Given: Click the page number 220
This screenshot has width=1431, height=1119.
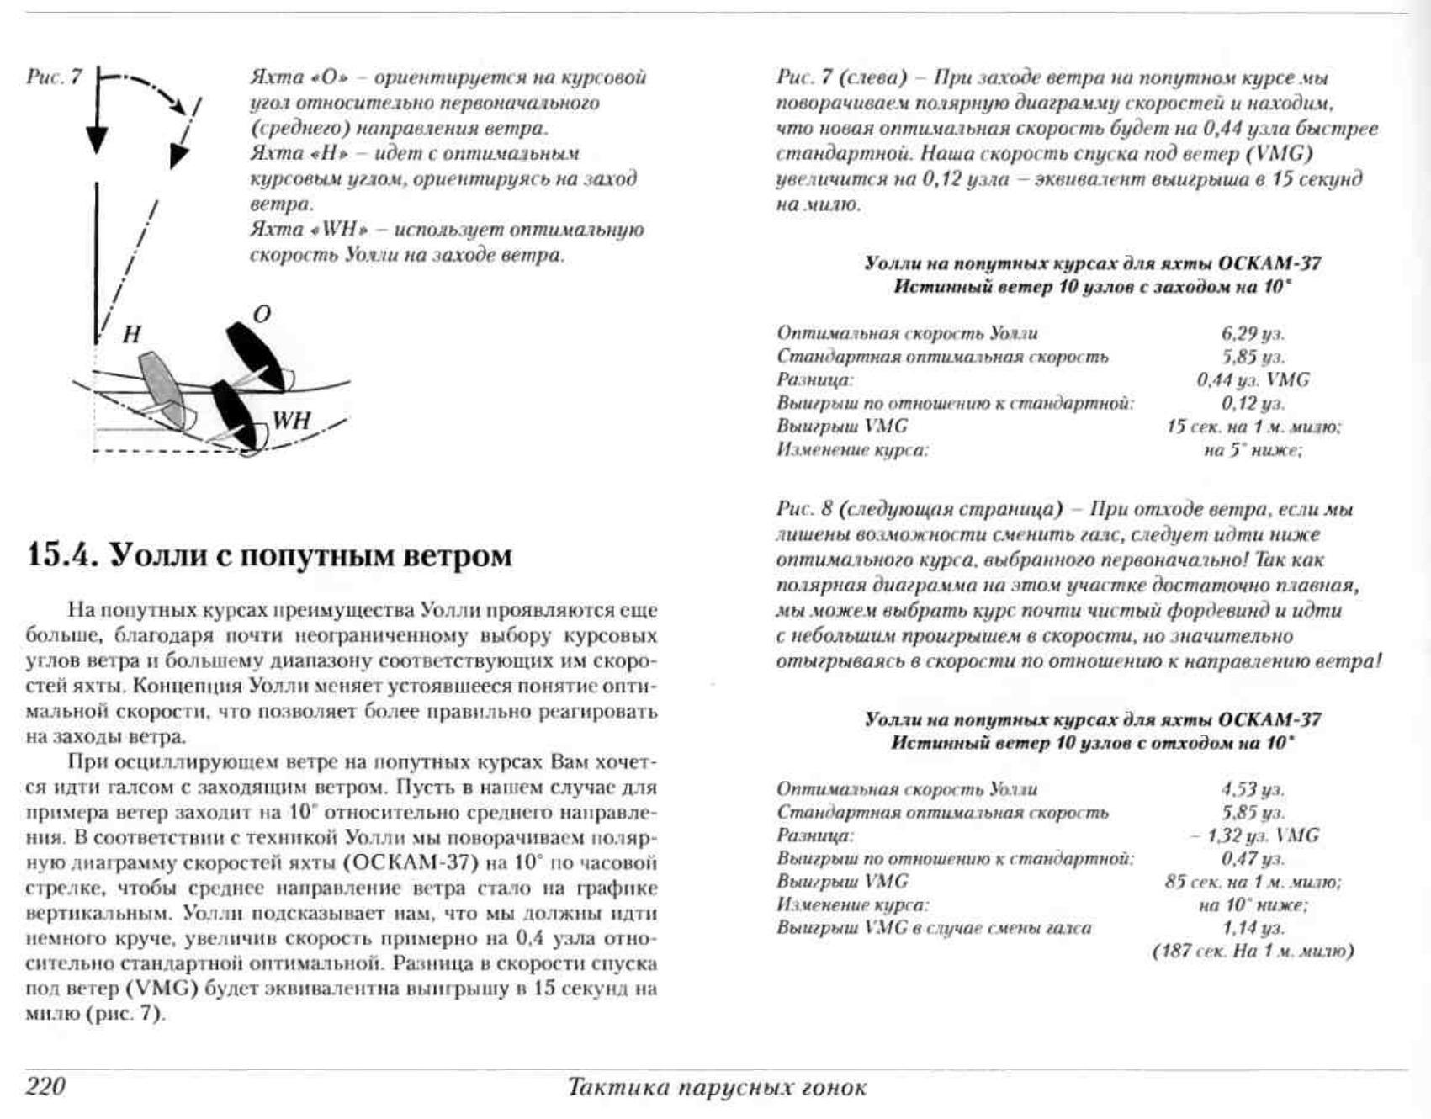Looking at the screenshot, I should tap(46, 1085).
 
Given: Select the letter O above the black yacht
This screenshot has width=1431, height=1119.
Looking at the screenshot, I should tap(262, 315).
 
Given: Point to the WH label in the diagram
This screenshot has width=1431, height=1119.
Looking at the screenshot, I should tap(291, 420).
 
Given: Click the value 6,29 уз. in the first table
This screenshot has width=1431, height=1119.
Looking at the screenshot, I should tap(1253, 333).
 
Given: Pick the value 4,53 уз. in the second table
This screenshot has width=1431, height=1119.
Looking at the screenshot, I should tap(1253, 789).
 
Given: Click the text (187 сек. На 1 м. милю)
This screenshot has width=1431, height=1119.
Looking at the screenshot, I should tap(1253, 952).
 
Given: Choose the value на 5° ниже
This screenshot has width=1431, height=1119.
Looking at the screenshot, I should tap(1253, 450).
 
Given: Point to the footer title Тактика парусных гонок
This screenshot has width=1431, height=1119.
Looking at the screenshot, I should tap(717, 1087).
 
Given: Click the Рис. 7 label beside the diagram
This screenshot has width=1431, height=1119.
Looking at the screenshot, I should tap(54, 77).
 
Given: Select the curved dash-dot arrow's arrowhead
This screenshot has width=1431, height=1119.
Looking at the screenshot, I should tap(178, 156).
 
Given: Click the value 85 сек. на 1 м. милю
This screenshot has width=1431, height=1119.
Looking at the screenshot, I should tap(1253, 882).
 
